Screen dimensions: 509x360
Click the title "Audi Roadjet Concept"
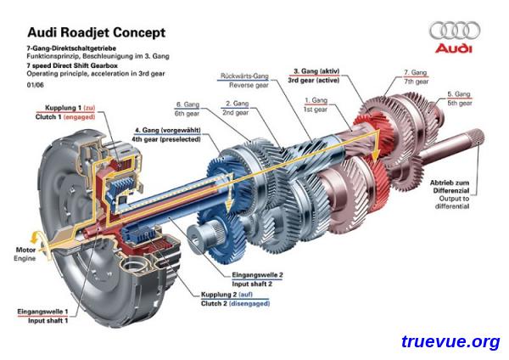tap(97, 32)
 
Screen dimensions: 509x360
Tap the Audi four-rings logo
tap(455, 31)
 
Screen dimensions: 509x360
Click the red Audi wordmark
tap(454, 48)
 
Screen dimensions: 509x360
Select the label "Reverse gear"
tap(249, 85)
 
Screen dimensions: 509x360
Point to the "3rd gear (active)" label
tap(314, 80)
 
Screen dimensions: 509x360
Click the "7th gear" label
tap(417, 82)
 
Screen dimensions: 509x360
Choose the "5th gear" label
tap(460, 103)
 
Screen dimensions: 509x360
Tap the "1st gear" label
tap(316, 110)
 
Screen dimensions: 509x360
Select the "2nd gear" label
tap(235, 112)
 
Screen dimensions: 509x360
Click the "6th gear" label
tap(187, 114)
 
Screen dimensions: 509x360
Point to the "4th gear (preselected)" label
tap(166, 139)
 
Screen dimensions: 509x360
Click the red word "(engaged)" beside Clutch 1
tap(80, 117)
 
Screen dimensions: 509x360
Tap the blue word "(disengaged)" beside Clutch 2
tap(249, 303)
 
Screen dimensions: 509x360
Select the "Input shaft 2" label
tap(252, 284)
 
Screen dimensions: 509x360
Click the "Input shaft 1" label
tap(48, 321)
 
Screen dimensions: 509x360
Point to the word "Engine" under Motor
tap(25, 259)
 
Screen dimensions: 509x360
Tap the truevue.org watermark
tap(450, 341)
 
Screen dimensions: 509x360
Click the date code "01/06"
tap(35, 85)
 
